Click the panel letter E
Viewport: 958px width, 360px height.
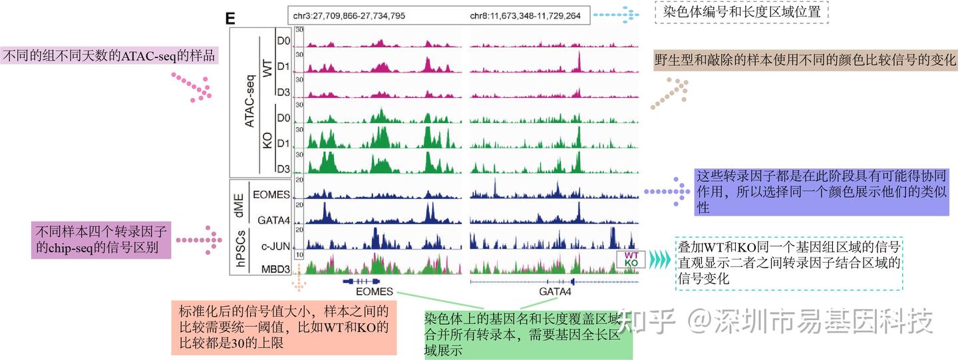[231, 19]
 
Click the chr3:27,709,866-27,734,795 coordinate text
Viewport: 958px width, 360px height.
[349, 15]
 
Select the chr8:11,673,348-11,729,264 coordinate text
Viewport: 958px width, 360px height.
[525, 15]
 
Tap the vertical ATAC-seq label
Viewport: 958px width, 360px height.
[249, 100]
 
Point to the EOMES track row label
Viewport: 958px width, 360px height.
[271, 194]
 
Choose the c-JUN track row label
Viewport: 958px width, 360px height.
[275, 246]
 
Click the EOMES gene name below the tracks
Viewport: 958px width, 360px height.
[375, 291]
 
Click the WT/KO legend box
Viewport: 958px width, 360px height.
[631, 259]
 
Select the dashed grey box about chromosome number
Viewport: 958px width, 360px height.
[741, 12]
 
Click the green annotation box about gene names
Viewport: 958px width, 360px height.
[528, 334]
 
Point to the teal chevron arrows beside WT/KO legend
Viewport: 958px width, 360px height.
[660, 259]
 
